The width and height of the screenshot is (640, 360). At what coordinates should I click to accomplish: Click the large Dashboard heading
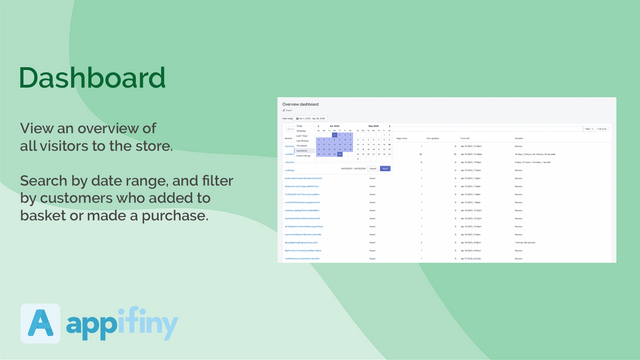tap(92, 77)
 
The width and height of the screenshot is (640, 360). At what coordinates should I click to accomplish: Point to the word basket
tap(49, 217)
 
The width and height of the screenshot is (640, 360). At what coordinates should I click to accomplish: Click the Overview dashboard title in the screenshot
tap(304, 104)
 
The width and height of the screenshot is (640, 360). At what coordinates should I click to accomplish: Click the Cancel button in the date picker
tap(372, 168)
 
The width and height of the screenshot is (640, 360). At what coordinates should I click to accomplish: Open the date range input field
tap(310, 118)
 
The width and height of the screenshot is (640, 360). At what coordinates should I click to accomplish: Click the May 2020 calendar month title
tap(373, 126)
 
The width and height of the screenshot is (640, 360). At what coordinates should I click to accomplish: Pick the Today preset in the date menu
tap(299, 126)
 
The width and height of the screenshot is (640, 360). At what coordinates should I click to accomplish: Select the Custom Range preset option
tap(304, 156)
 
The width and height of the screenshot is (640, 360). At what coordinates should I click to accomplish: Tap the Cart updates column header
tap(434, 137)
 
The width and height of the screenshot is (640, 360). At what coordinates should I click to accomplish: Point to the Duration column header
tap(520, 137)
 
